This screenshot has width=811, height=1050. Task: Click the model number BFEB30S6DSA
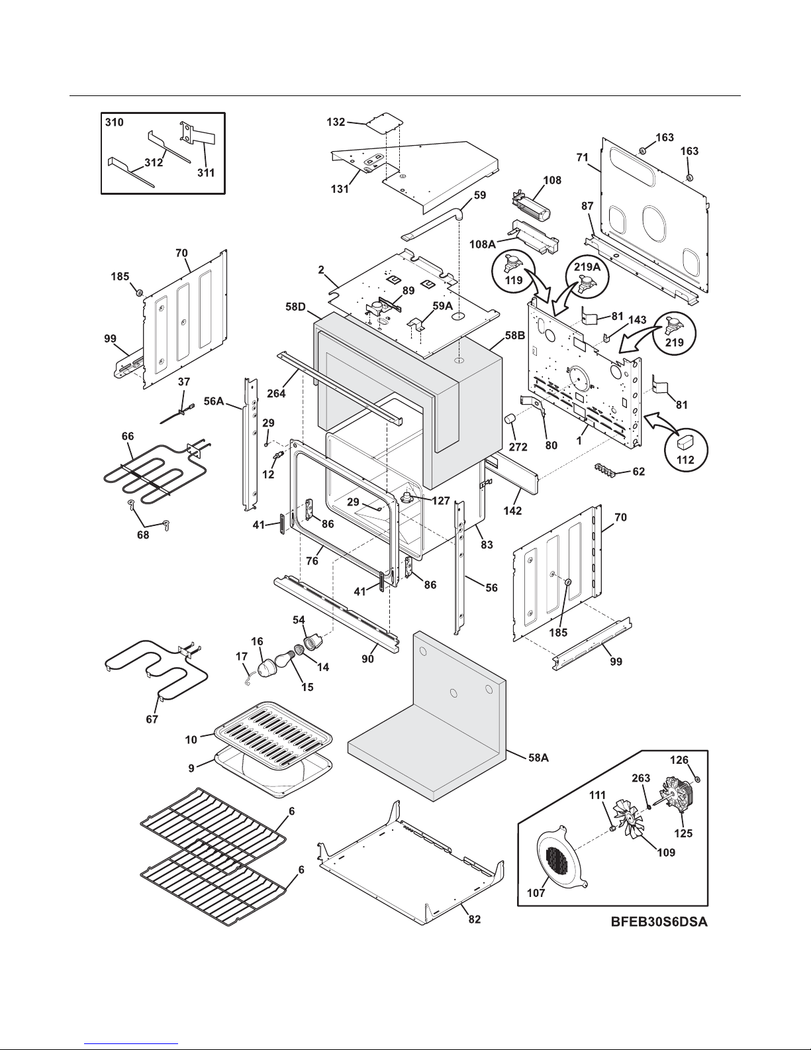click(x=659, y=922)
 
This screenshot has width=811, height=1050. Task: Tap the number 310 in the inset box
click(x=114, y=122)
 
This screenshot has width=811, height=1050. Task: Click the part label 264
click(x=277, y=394)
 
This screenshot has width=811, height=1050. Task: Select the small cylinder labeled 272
click(x=510, y=419)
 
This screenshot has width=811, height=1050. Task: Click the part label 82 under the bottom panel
click(x=474, y=919)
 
